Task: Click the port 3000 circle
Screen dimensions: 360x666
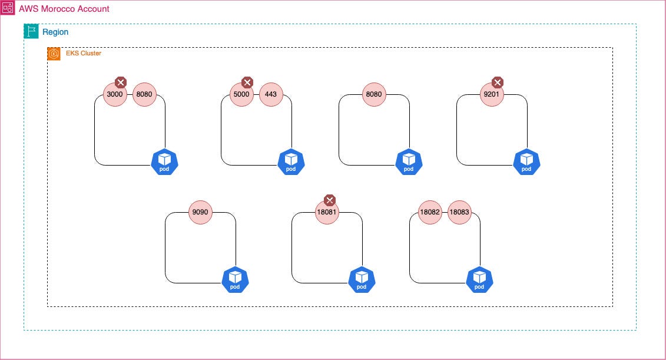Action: tap(115, 94)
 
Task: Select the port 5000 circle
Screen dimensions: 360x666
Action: tap(241, 94)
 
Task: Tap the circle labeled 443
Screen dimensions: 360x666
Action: tap(271, 94)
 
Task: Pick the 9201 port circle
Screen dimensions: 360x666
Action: tap(492, 94)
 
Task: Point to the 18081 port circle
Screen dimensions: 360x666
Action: tap(327, 212)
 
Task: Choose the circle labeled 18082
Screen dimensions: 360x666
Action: tap(430, 212)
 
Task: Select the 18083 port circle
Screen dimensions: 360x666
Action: tap(459, 212)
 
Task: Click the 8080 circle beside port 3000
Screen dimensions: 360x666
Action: tap(144, 94)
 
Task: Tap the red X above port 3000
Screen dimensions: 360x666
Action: tap(120, 82)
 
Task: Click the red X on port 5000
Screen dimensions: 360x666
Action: tap(247, 82)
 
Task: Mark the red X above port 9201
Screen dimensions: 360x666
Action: tap(498, 82)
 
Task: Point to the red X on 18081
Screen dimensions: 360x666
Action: tap(330, 200)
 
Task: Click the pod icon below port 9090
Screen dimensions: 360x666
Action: tap(235, 280)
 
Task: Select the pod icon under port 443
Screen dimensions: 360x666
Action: tap(291, 162)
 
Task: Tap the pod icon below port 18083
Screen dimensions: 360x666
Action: tap(479, 280)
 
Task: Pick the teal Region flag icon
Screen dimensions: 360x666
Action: tap(31, 32)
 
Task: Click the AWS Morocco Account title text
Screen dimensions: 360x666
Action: tap(64, 9)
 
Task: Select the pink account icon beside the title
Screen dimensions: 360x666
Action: tap(8, 9)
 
